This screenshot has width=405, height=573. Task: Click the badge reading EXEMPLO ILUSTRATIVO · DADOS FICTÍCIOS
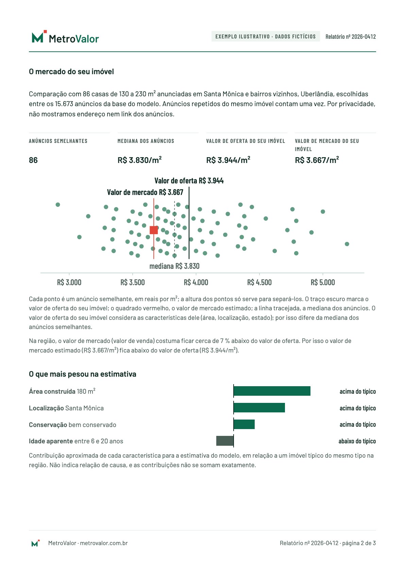[x=265, y=36]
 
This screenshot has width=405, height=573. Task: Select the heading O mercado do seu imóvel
[x=71, y=71]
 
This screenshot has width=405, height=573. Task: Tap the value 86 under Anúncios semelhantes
[x=33, y=160]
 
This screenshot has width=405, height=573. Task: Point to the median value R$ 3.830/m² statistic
[x=139, y=160]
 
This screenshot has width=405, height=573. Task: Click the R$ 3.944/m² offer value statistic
[x=228, y=160]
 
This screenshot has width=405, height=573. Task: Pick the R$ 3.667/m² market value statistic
[x=317, y=160]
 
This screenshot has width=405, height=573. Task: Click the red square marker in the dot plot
[x=154, y=230]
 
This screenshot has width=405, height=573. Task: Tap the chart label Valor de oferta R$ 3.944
[x=189, y=181]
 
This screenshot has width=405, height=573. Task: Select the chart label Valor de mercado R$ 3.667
[x=145, y=192]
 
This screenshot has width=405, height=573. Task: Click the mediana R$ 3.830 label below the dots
[x=174, y=266]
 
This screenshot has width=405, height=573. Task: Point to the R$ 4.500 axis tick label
[x=259, y=282]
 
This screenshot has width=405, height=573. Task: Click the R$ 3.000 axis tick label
[x=69, y=282]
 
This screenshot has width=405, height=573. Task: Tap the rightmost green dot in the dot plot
[x=347, y=244]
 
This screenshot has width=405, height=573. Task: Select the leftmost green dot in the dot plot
[x=58, y=204]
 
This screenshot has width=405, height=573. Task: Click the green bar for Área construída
[x=272, y=391]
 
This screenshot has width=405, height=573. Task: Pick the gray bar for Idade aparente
[x=225, y=441]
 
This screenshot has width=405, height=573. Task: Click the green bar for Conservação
[x=244, y=424]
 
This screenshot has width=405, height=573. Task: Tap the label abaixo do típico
[x=357, y=441]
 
